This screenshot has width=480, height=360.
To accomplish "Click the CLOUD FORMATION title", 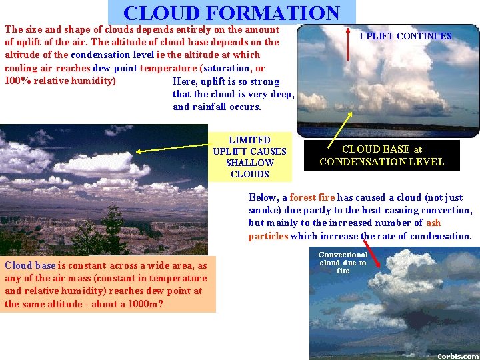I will tap(231, 13).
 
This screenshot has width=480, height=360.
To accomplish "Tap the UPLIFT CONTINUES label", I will tap(405, 36).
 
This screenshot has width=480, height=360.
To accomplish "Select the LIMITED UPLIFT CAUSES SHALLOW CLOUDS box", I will tap(249, 157).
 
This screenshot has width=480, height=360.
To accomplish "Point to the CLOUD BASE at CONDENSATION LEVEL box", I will tap(381, 155).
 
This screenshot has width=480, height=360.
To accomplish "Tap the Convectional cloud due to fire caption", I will tap(343, 263).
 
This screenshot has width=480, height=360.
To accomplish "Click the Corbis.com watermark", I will tap(458, 355).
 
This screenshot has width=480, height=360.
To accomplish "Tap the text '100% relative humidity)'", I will tap(60, 81).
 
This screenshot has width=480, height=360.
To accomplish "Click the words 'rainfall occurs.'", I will tap(217, 107).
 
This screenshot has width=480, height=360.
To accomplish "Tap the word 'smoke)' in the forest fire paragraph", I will tap(266, 210).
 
